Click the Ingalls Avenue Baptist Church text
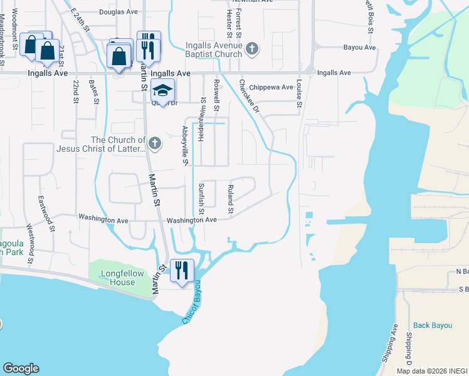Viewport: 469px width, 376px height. tap(214, 50)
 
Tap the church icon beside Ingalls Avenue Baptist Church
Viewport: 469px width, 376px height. tap(252, 49)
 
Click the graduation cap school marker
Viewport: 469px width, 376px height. tap(162, 91)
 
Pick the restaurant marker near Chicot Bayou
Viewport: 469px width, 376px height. tap(181, 271)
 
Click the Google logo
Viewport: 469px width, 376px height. tap(21, 368)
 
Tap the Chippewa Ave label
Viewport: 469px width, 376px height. tap(271, 88)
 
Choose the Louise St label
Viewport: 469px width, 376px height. tap(300, 92)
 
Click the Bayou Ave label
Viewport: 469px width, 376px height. tap(359, 48)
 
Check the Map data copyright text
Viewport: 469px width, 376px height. tap(432, 371)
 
